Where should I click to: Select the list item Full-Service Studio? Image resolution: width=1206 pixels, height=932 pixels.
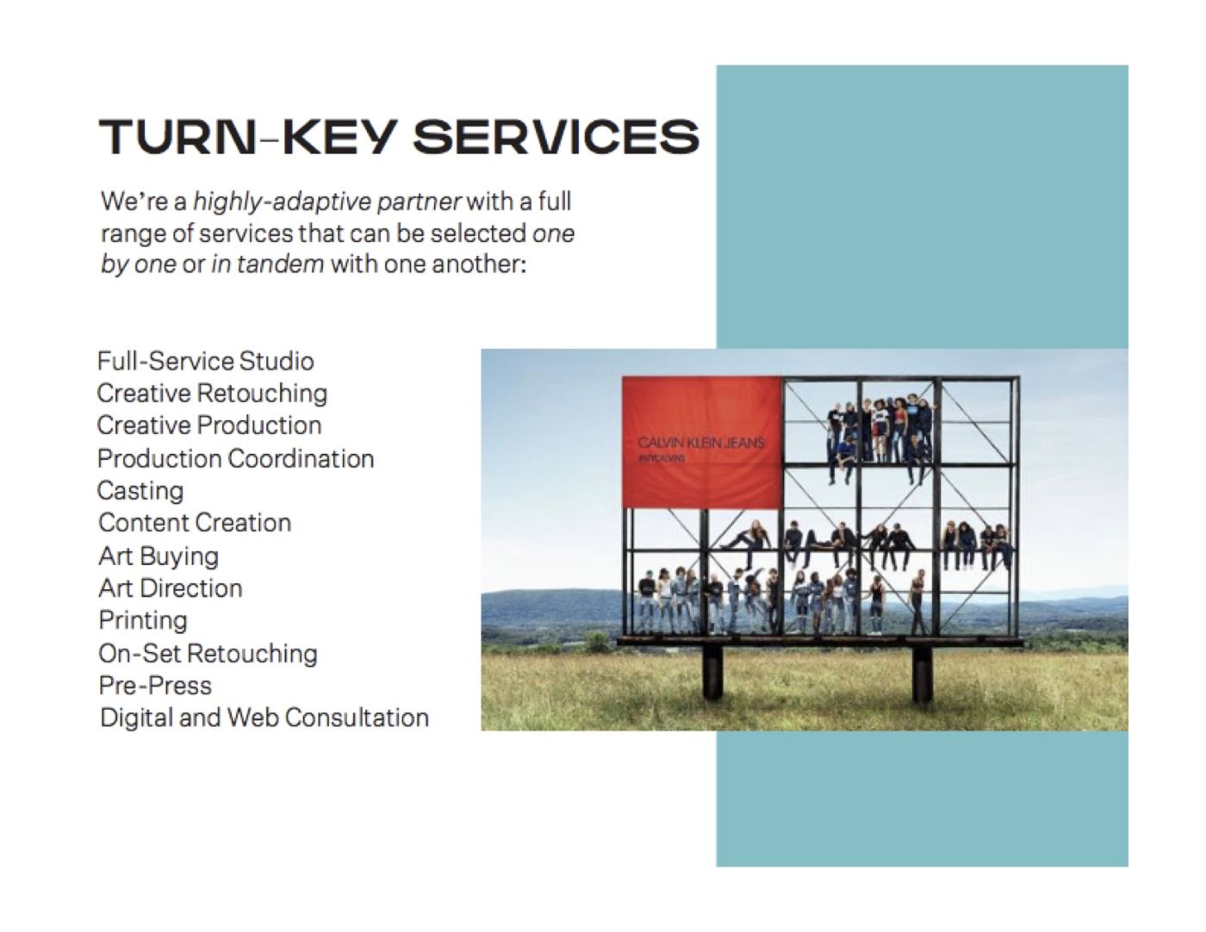205,361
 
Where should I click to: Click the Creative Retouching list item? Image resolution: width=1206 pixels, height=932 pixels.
212,394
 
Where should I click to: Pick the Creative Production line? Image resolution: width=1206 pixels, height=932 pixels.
209,426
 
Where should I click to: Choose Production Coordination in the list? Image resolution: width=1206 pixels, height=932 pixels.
235,458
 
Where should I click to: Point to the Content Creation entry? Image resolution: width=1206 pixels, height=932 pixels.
194,523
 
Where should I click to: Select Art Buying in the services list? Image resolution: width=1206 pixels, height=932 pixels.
159,556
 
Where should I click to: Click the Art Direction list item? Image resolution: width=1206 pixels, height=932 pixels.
171,588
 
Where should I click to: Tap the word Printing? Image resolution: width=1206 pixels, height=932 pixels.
143,621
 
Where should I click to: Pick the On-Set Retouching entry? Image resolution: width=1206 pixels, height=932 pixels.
208,654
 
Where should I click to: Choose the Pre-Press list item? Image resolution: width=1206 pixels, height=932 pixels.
155,686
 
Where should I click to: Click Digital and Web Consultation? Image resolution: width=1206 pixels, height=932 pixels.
264,718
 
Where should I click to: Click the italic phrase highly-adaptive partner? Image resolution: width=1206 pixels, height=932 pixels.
326,202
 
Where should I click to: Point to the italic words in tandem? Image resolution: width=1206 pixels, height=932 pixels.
268,264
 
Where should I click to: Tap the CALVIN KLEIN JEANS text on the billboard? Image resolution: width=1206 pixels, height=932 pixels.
701,443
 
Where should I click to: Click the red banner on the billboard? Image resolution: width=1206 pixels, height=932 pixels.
701,442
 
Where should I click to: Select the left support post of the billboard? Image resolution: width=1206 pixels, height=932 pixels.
712,673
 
